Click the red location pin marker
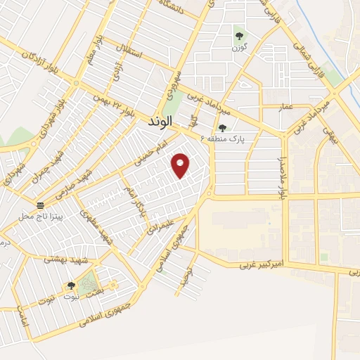(181, 165)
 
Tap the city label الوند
(160, 122)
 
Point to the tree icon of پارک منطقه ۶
(223, 128)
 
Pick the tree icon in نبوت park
(70, 285)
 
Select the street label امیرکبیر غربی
(260, 264)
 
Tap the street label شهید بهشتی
(64, 259)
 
